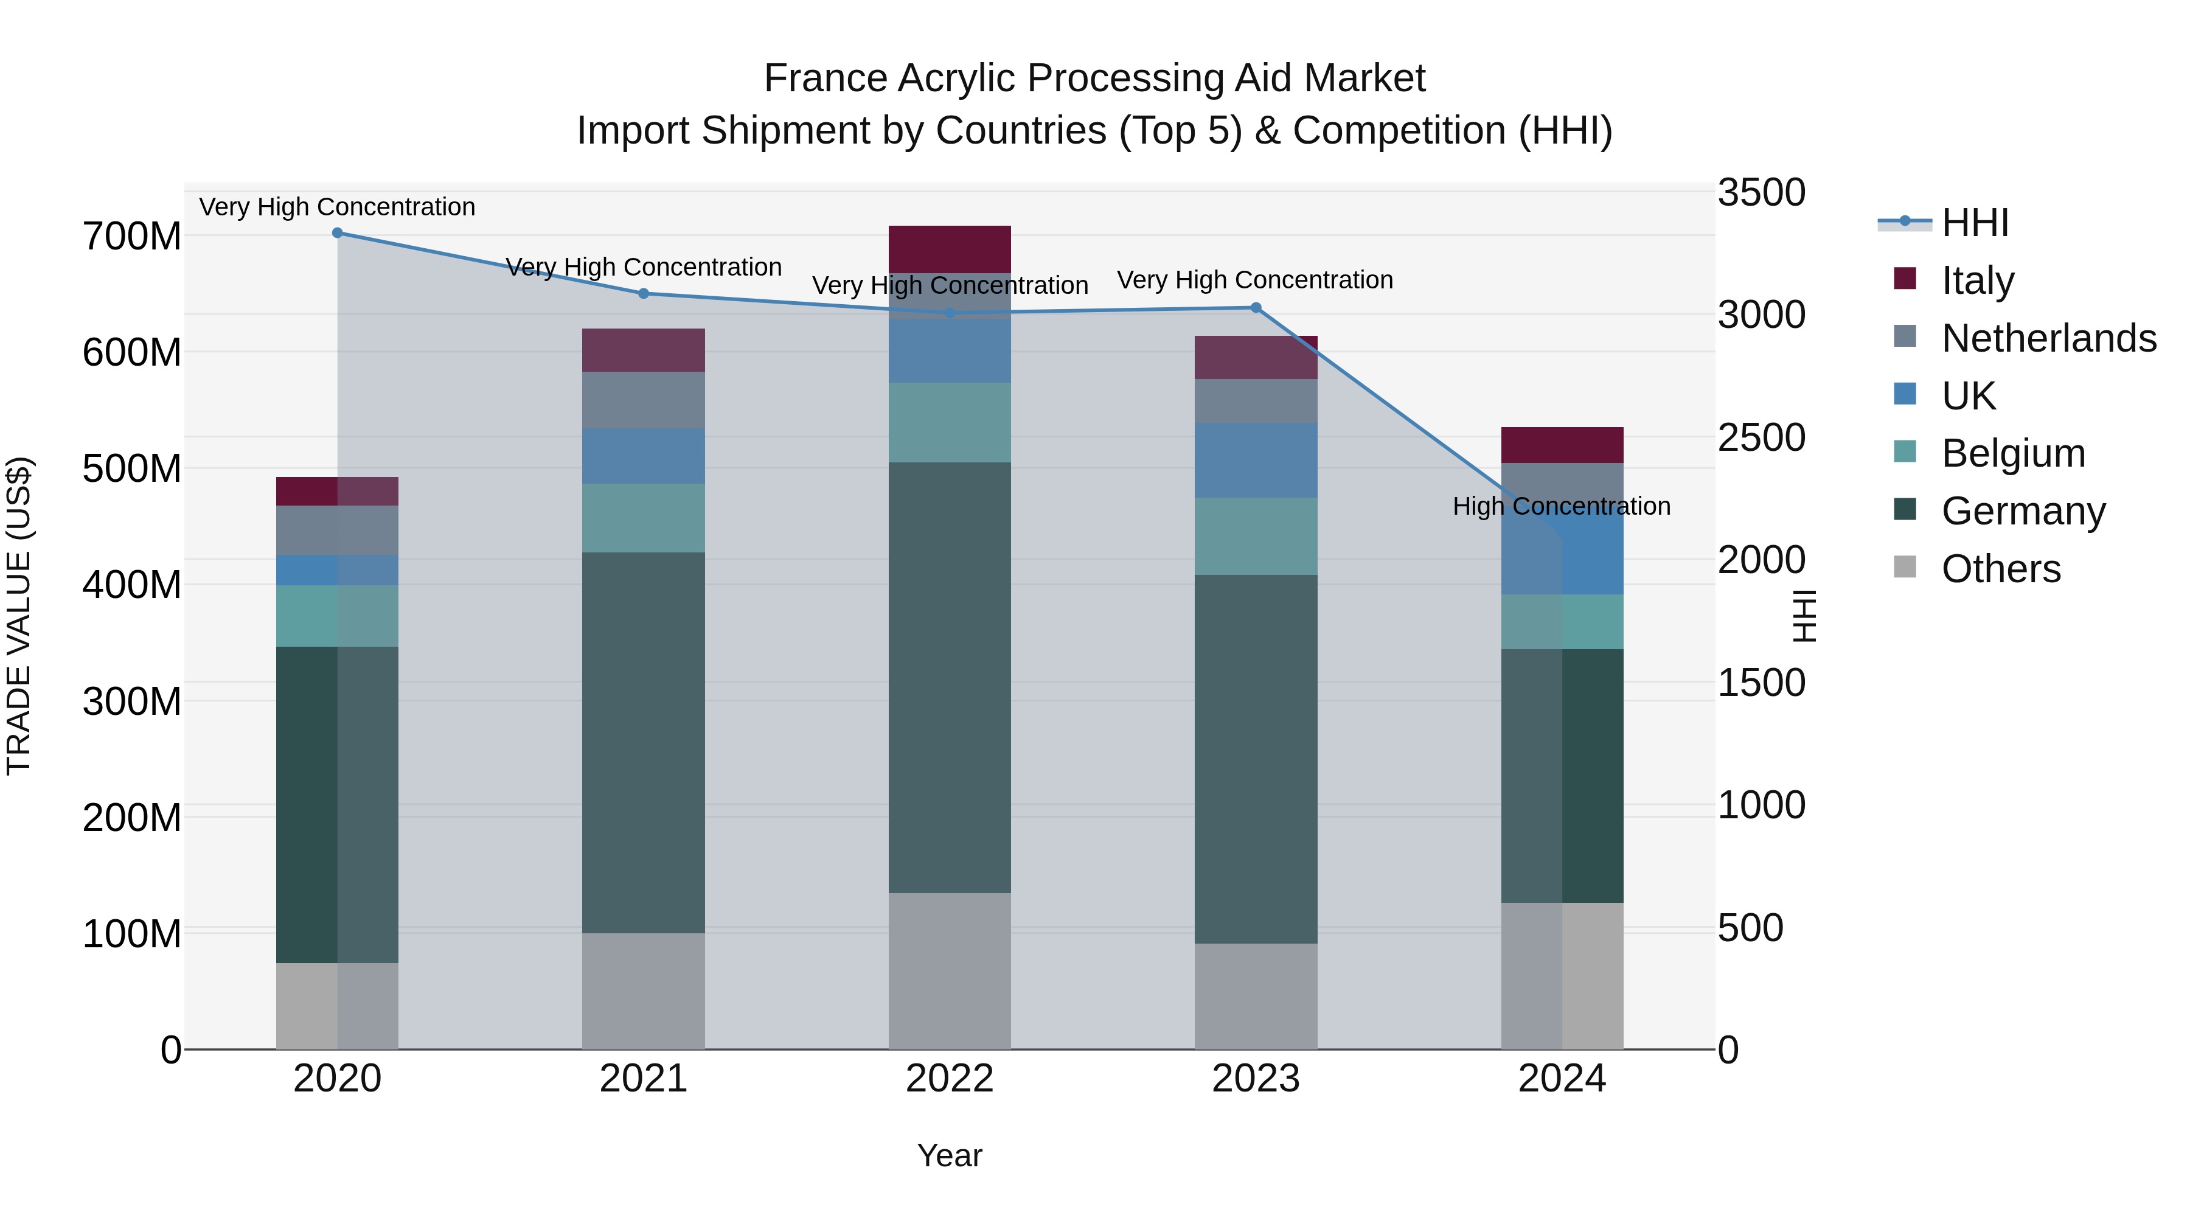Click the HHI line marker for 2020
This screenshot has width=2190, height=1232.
[x=338, y=233]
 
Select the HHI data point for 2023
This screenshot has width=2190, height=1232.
[x=1256, y=308]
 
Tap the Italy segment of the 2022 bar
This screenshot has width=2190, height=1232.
[x=950, y=249]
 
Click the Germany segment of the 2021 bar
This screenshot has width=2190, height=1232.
[x=644, y=742]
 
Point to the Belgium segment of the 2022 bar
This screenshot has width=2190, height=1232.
[x=950, y=423]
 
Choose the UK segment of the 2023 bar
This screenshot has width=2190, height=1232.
[x=1256, y=460]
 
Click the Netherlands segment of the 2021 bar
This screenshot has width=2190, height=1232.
[x=644, y=400]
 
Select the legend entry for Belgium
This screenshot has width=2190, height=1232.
[x=2013, y=453]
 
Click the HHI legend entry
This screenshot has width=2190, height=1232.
[x=1974, y=223]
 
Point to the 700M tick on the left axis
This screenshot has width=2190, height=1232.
[x=132, y=237]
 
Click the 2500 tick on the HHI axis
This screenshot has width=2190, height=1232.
[x=1761, y=438]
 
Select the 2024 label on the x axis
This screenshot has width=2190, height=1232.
[x=1562, y=1079]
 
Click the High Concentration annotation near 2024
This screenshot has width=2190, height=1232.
[x=1561, y=507]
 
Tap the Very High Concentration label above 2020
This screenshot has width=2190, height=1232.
[x=338, y=207]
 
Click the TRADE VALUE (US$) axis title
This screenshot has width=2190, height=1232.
[x=19, y=616]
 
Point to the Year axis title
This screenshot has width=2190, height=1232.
[x=950, y=1155]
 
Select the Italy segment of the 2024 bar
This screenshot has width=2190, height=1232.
[x=1562, y=445]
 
